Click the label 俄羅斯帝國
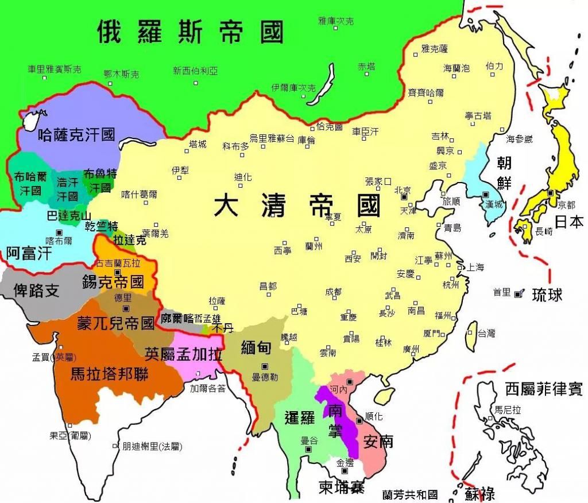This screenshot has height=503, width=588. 190,32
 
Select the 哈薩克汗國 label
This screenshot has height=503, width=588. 76,135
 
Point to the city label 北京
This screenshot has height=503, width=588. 403,189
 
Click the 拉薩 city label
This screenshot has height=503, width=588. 216,301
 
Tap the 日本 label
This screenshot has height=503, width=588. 568,222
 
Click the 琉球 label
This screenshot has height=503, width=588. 547,295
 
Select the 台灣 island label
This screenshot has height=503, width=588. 486,333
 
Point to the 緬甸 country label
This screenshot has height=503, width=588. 256,347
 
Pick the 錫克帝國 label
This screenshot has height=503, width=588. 113,281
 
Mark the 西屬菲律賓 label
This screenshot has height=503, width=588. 543,390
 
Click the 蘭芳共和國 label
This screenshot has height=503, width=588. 410,494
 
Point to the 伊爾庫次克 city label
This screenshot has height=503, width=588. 293,88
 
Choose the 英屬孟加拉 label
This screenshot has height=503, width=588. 183,354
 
